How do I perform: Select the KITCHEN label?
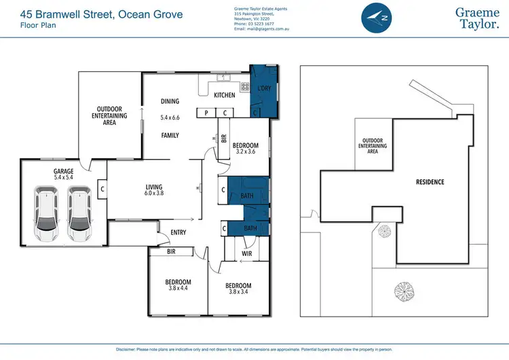point(224,96)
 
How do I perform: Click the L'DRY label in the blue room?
point(264,89)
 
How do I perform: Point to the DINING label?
point(170,101)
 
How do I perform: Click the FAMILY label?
point(170,135)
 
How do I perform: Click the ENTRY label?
point(178,232)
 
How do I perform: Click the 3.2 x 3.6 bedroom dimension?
point(245,152)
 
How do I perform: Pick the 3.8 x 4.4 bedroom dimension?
point(178,288)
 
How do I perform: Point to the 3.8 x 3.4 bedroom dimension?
point(238,292)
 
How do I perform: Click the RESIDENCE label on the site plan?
point(430,182)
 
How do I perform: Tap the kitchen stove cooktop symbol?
point(244,86)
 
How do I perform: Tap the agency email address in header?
point(263,30)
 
